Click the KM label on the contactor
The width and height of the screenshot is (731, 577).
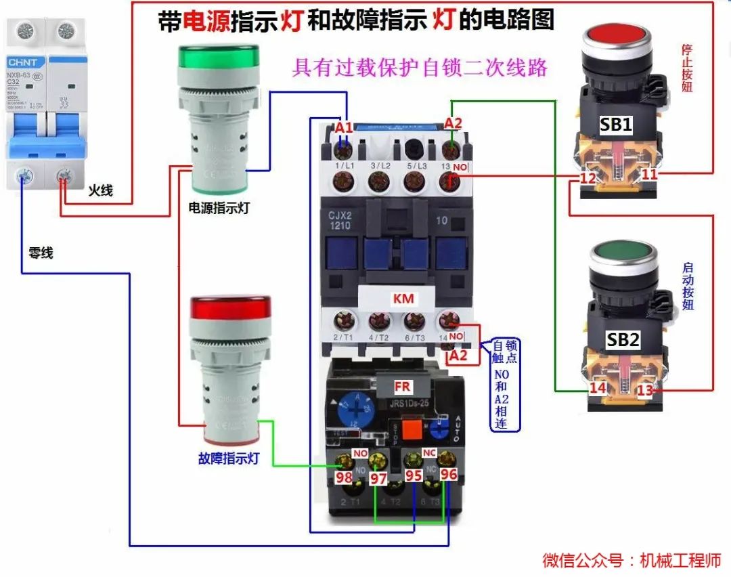point(403,299)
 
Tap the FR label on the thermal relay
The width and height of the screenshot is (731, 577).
point(403,387)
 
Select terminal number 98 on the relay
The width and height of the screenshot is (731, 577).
point(345,477)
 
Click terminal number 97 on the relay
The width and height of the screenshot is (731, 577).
point(378,478)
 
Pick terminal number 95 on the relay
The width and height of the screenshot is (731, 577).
point(414,475)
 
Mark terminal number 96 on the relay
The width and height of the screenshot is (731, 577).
point(449,475)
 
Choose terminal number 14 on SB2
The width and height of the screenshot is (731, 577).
point(597,388)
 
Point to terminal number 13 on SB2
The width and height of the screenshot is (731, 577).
point(645,390)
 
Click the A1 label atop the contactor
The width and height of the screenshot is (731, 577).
point(344,127)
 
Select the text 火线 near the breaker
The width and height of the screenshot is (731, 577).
point(100,191)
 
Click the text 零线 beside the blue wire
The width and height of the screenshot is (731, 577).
point(41,253)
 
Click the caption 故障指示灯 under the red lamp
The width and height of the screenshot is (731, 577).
point(229,458)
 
